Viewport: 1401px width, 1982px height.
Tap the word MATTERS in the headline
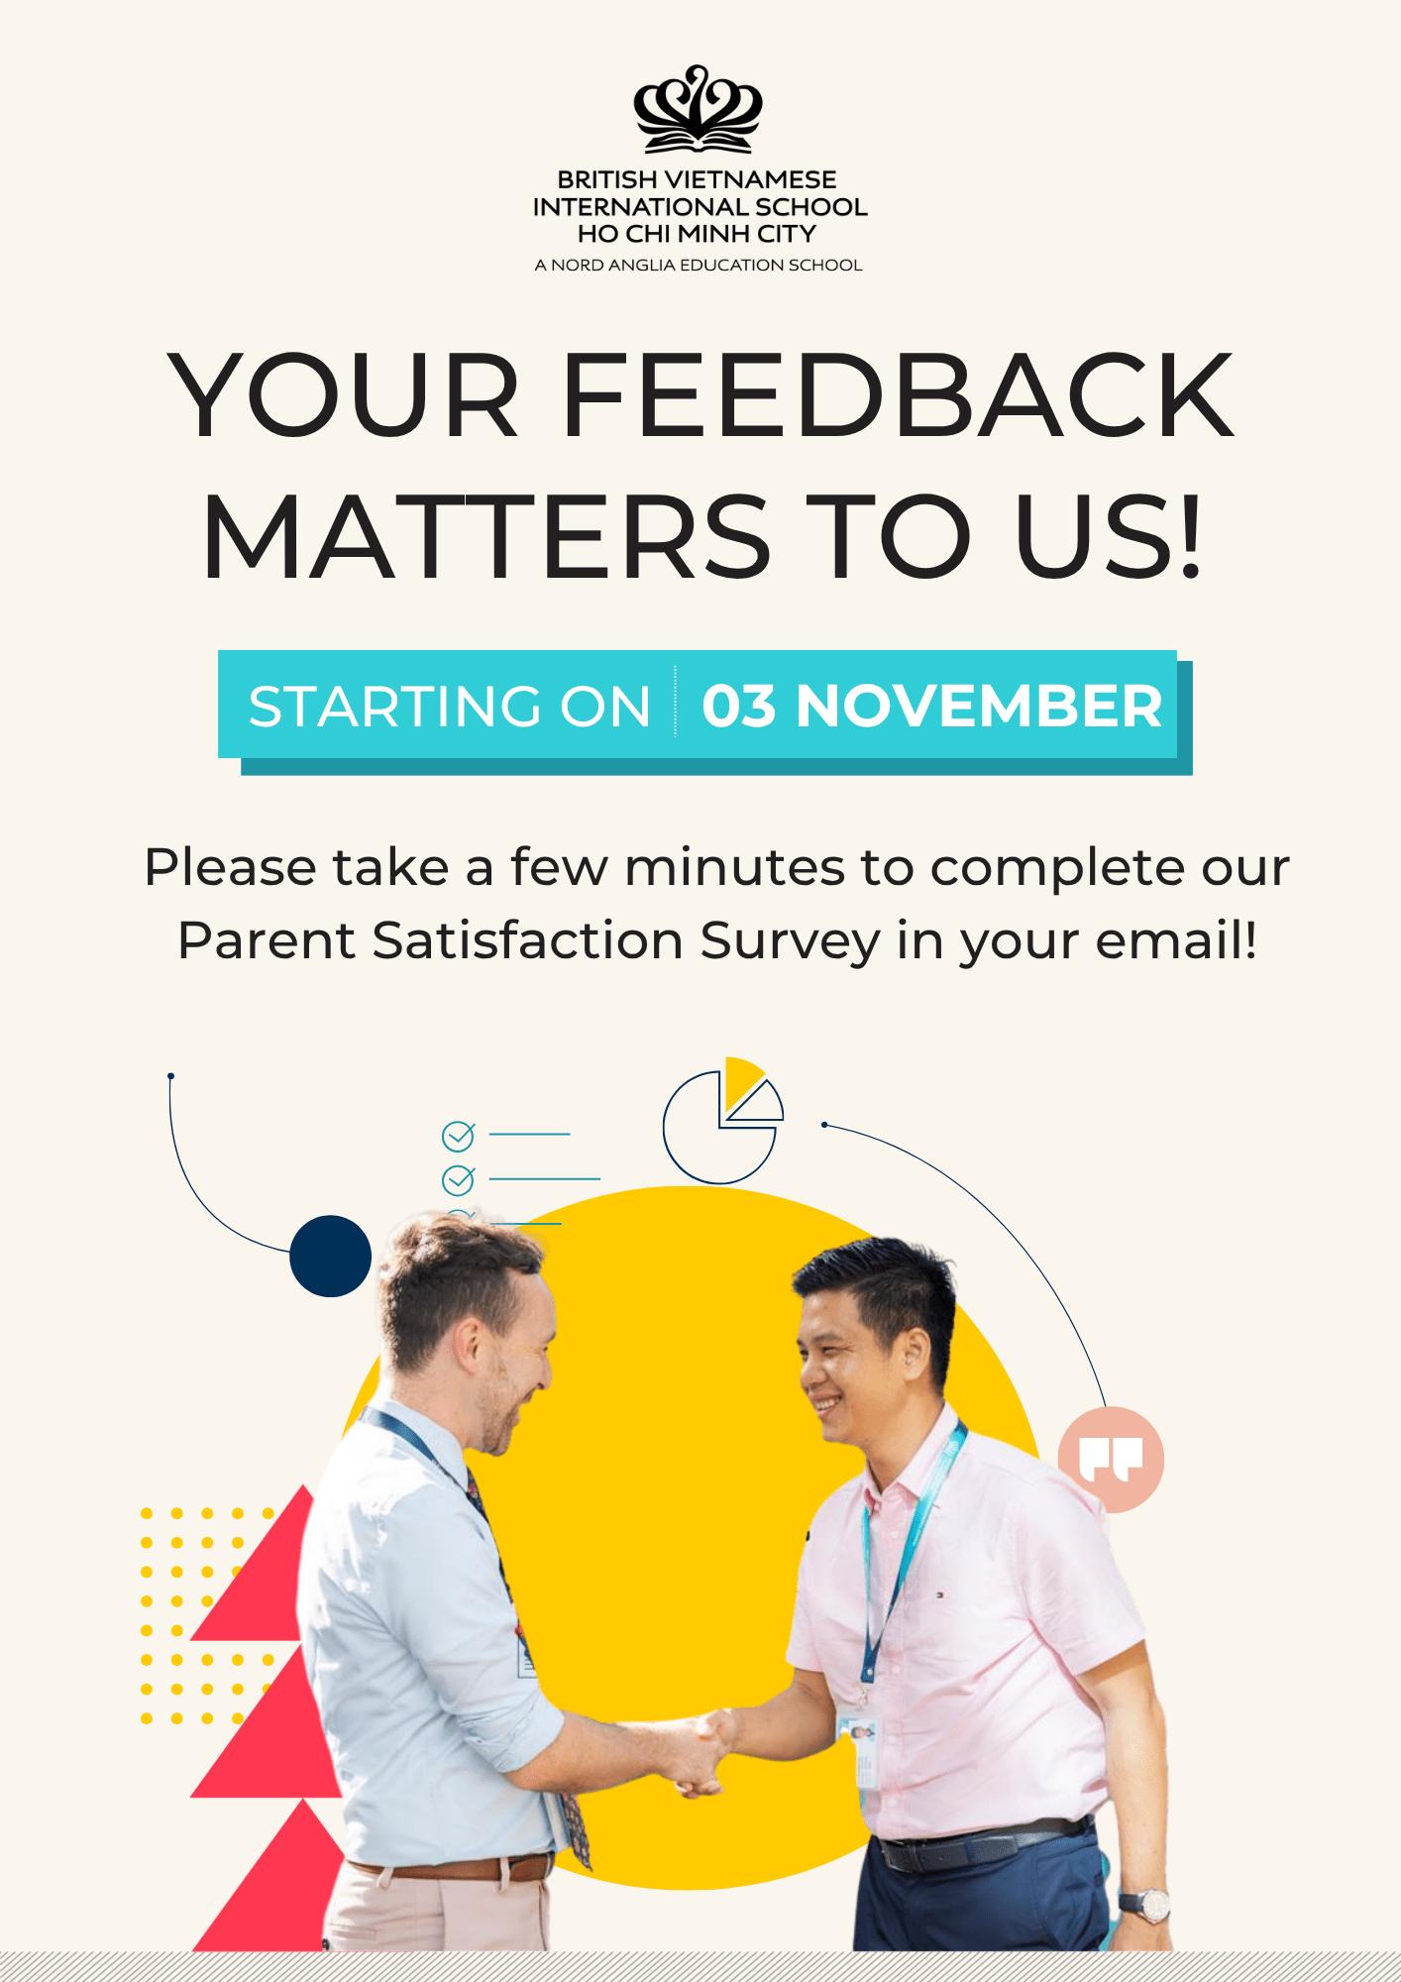486,536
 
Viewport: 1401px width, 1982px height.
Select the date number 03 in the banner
738,707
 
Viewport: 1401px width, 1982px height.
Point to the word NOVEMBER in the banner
979,707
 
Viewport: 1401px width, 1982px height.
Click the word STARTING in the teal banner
394,707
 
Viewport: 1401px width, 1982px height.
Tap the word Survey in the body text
790,940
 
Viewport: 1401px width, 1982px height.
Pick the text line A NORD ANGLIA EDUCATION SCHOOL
699,265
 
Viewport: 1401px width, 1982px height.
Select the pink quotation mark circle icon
1111,1459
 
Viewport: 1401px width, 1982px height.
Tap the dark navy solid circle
330,1256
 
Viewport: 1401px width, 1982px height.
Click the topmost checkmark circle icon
458,1137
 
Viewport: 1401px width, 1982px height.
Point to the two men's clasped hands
706,1752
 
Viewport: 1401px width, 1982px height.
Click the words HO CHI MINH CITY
698,234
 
